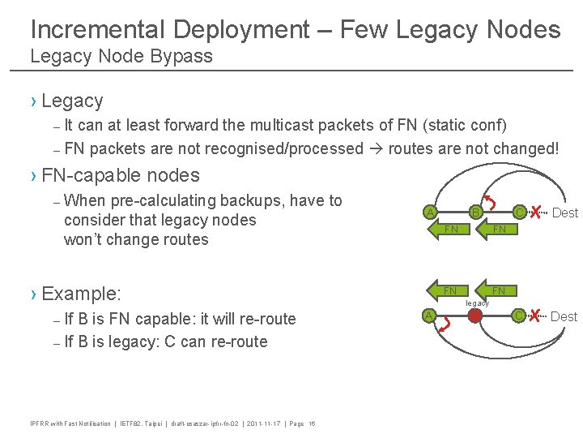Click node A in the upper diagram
(430, 213)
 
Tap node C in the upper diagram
(518, 213)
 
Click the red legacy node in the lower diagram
(475, 316)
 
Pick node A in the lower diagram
(430, 316)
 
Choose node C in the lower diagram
(518, 316)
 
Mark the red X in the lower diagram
(535, 316)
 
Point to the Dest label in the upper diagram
(564, 213)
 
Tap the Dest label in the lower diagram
(564, 316)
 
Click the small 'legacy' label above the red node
(476, 303)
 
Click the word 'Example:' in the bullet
(81, 294)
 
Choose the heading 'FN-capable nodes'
(120, 175)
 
